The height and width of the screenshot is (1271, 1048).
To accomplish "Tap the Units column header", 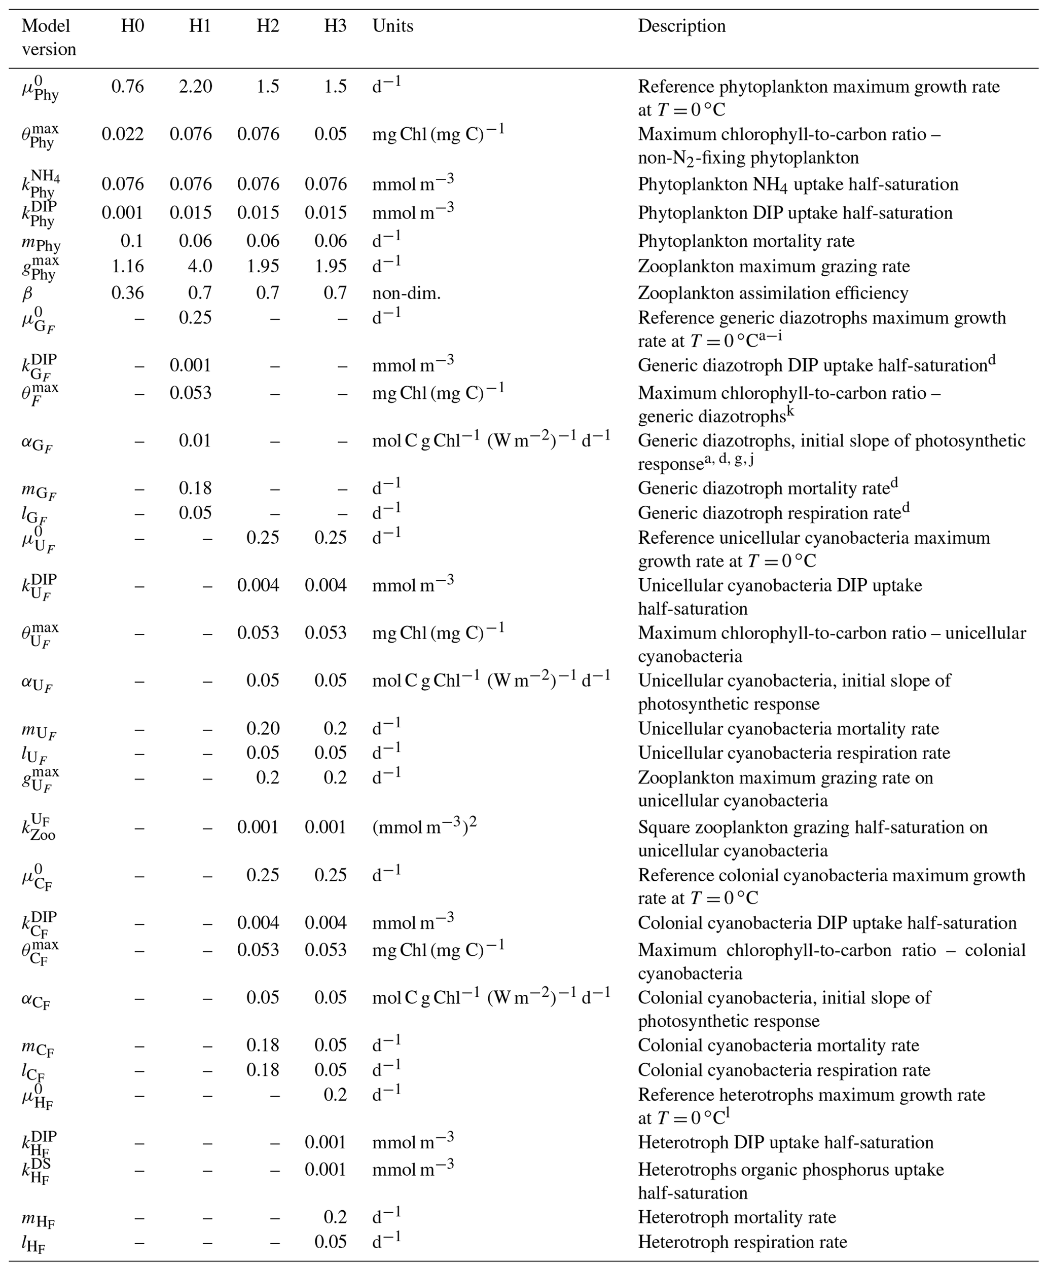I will tap(392, 26).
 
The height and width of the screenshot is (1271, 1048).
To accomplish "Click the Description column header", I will tap(681, 26).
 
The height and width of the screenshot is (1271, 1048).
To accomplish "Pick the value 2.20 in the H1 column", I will tap(196, 86).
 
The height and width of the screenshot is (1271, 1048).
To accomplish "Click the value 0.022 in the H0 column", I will tap(123, 133).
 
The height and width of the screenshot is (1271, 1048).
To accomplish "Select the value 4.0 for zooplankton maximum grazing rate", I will tap(199, 266).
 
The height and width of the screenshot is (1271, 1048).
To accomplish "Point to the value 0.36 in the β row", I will tap(127, 293).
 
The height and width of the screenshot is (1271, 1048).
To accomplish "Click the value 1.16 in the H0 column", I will tap(127, 266).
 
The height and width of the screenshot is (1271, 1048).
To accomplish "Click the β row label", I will tap(27, 293).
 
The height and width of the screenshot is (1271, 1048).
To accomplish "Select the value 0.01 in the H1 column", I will tap(195, 440).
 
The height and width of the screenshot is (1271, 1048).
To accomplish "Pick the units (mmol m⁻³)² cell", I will tap(424, 827).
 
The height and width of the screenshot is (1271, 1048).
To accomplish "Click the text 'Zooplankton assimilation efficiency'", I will tap(773, 293).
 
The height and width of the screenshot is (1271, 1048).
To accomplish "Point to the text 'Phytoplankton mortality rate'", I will tap(746, 241).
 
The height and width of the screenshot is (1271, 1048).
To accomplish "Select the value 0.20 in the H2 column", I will tap(263, 728).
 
